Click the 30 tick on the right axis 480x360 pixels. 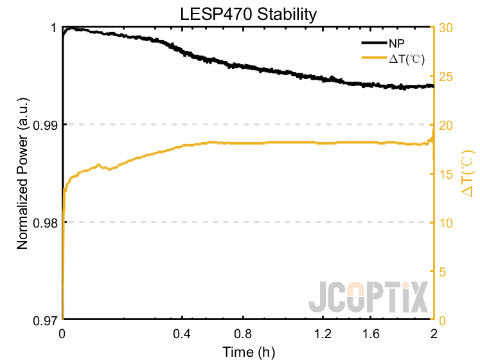click(x=445, y=28)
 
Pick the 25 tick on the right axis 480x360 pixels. click(x=445, y=76)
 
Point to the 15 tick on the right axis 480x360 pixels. click(x=445, y=174)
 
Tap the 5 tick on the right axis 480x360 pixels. click(x=442, y=271)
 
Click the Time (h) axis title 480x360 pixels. click(x=248, y=352)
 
